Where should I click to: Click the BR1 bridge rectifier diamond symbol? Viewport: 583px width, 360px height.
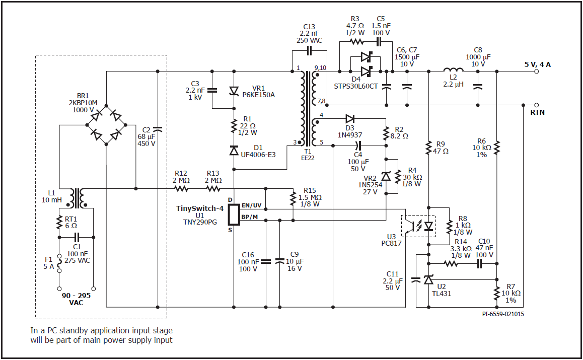coord(106,125)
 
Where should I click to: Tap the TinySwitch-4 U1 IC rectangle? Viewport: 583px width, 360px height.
coord(234,214)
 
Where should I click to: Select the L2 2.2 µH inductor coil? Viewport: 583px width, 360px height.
coord(453,69)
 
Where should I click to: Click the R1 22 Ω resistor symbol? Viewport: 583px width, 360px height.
coord(234,126)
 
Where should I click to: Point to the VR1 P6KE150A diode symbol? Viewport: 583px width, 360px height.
coord(234,91)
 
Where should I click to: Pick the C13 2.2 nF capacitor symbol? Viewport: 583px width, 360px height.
coord(309,50)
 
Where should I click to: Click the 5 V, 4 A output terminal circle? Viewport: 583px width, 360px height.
coord(536,71)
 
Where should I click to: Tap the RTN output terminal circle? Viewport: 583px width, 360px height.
coord(536,105)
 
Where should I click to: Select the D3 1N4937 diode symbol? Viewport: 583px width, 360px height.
coord(350,119)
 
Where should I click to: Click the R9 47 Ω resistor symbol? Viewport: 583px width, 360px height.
coord(429,148)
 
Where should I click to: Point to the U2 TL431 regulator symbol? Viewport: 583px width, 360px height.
coord(429,279)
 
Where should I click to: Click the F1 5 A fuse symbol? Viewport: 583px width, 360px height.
coord(59,264)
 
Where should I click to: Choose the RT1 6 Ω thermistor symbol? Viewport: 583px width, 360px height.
coord(59,223)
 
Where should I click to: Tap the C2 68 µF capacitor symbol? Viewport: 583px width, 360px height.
coord(158,129)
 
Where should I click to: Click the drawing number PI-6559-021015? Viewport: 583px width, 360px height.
coord(503,314)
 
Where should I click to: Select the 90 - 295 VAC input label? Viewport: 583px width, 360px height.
coord(76,299)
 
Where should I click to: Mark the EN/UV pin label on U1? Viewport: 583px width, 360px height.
coord(251,205)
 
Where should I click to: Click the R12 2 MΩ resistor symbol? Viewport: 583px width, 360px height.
coord(181,189)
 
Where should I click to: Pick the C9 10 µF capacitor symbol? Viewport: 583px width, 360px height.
coord(279,261)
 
